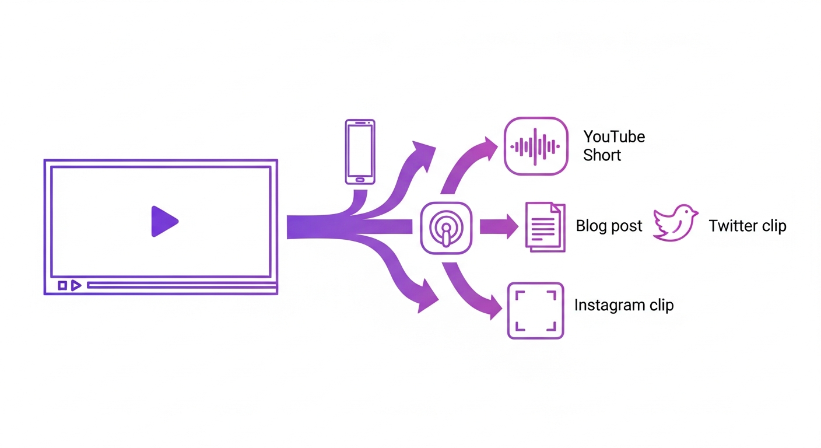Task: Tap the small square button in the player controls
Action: pyautogui.click(x=62, y=285)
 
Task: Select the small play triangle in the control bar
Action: pyautogui.click(x=76, y=285)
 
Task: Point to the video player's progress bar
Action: pyautogui.click(x=181, y=285)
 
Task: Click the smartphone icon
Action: pyautogui.click(x=360, y=152)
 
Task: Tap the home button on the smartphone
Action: pyautogui.click(x=360, y=178)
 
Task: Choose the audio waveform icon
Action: pyautogui.click(x=535, y=146)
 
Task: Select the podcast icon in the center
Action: pyautogui.click(x=446, y=228)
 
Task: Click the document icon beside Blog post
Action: pyautogui.click(x=545, y=227)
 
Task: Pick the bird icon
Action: pyautogui.click(x=675, y=223)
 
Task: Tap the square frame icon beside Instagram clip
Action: pyautogui.click(x=535, y=311)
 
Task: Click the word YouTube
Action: pyautogui.click(x=614, y=137)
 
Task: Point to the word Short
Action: pyautogui.click(x=602, y=156)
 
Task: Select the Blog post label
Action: pyautogui.click(x=609, y=226)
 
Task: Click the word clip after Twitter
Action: pyautogui.click(x=774, y=226)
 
